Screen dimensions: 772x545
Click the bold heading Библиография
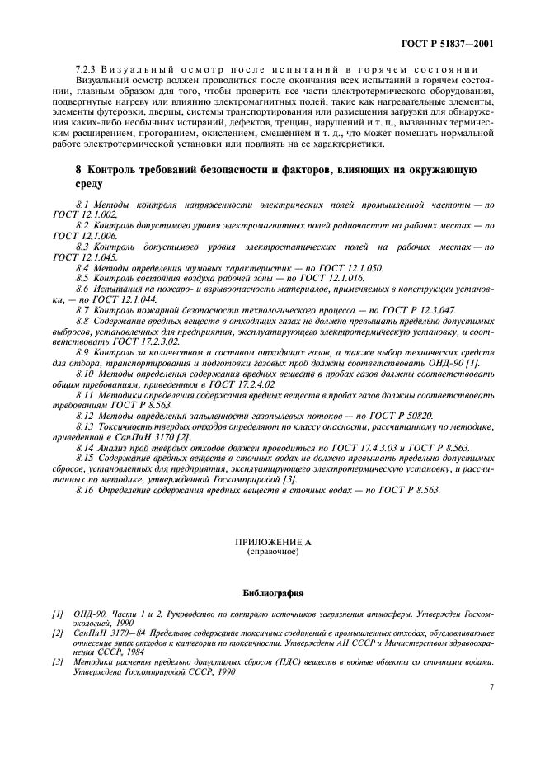[x=272, y=593]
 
